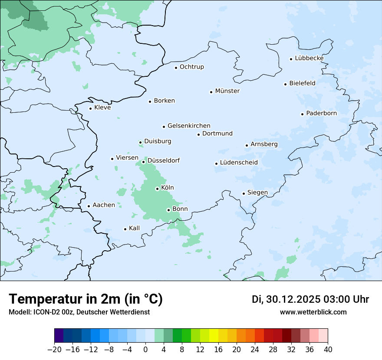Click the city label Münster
pos(227,91)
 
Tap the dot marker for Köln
pos(157,189)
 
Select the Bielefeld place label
pos(302,83)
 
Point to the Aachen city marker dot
pos(89,206)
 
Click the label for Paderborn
pos(321,113)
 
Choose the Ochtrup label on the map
pos(191,67)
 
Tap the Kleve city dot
pos(90,108)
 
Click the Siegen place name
pos(257,193)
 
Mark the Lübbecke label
pos(309,58)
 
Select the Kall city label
pos(134,228)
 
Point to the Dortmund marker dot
pos(198,134)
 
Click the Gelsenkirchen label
pos(189,126)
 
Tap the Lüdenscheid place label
pos(239,163)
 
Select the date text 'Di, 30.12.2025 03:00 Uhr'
pos(310,299)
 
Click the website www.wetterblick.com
pos(313,312)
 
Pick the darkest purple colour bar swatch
pos(59,336)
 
